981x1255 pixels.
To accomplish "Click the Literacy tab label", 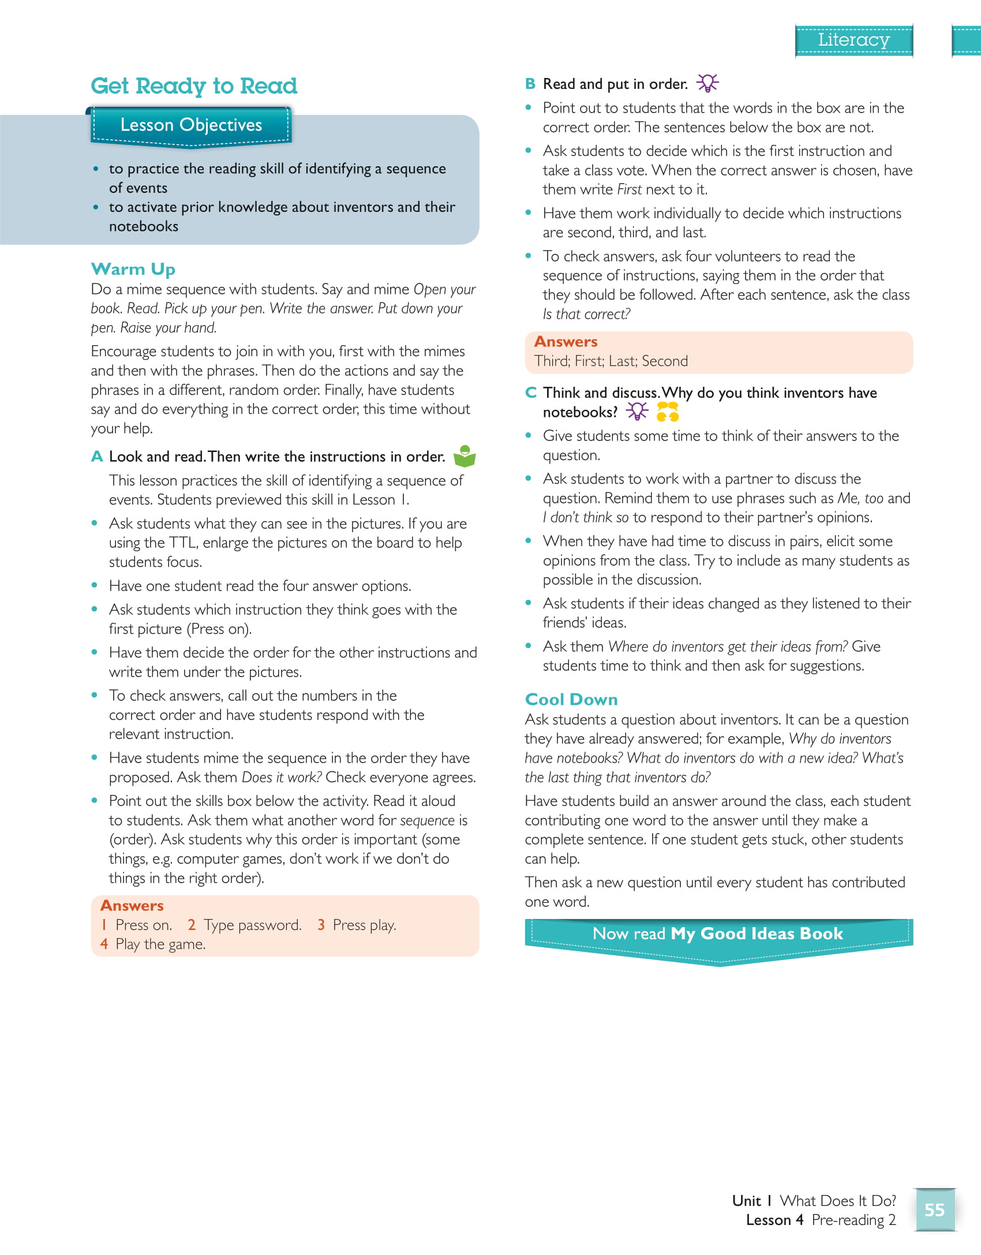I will tap(853, 40).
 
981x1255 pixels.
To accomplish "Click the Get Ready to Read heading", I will tap(194, 86).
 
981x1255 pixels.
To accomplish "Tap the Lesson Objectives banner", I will tap(191, 125).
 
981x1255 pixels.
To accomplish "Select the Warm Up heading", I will tap(133, 269).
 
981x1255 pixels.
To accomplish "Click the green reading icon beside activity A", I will tap(465, 456).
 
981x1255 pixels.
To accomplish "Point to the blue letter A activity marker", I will tap(97, 457).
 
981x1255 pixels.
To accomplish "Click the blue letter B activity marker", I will tap(530, 84).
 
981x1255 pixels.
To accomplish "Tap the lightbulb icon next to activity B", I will tap(707, 83).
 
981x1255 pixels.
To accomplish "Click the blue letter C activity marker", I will tap(531, 393).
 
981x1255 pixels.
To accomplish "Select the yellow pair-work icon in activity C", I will tap(668, 412).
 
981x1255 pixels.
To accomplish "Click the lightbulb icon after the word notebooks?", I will tap(637, 412).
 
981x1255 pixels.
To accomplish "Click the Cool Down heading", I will tap(571, 699).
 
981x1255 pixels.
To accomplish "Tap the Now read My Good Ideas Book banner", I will tap(718, 933).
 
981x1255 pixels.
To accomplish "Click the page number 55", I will tap(934, 1209).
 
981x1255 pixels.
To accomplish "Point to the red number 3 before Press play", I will tap(321, 925).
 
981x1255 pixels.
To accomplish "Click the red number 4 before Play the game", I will tap(104, 944).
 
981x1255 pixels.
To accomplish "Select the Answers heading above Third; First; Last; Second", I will tap(566, 342).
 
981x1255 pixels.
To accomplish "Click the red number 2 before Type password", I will tap(192, 925).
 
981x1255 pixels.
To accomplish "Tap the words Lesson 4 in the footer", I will tap(774, 1220).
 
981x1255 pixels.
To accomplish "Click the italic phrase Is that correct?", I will tap(586, 314).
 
